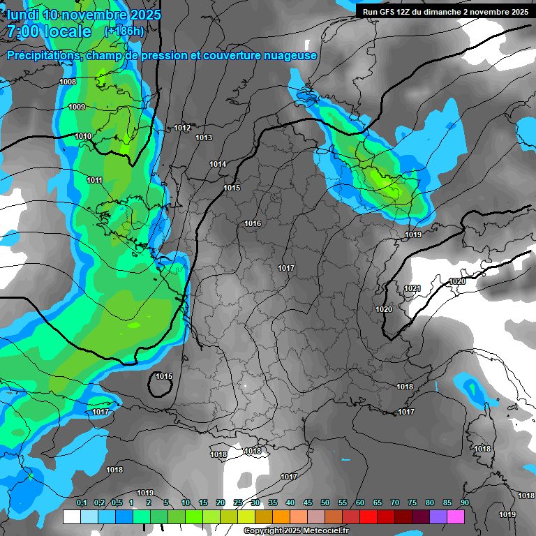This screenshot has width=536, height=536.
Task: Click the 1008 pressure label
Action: click(x=68, y=82)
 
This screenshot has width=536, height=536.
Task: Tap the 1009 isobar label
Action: click(x=77, y=107)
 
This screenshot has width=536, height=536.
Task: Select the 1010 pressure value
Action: click(x=83, y=136)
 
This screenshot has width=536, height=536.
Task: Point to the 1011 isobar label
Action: click(x=95, y=180)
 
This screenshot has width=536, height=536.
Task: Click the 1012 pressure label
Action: click(x=183, y=128)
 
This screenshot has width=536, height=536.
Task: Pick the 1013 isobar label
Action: click(x=204, y=137)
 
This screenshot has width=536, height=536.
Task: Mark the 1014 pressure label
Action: click(x=218, y=164)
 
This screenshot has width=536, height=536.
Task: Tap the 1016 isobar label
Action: click(x=253, y=223)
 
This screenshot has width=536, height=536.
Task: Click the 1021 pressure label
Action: click(x=412, y=288)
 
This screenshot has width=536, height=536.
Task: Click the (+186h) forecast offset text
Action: click(x=124, y=31)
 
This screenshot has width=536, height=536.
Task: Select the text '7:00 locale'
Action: click(x=49, y=31)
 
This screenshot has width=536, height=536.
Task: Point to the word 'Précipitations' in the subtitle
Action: click(x=42, y=55)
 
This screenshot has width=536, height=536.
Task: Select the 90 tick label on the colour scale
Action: click(x=464, y=502)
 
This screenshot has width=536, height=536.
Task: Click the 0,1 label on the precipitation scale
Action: click(x=81, y=502)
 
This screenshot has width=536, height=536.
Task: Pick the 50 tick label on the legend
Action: click(x=325, y=502)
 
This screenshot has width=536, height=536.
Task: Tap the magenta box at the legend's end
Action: click(x=456, y=516)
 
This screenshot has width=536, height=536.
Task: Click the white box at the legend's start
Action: click(x=71, y=516)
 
